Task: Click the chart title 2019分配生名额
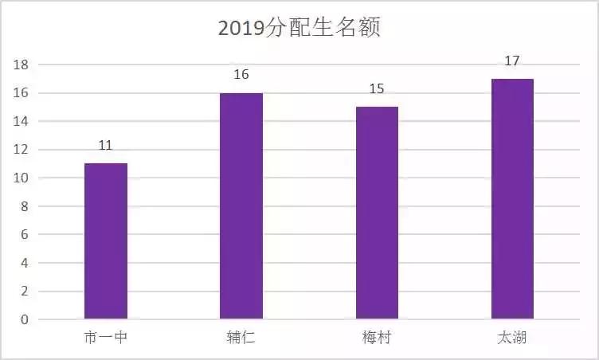click(299, 29)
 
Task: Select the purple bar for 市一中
click(105, 241)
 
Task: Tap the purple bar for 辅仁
click(241, 206)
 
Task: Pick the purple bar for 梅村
click(377, 213)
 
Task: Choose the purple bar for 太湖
click(512, 199)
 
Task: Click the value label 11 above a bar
click(105, 146)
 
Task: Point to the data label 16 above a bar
click(241, 75)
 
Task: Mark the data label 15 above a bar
click(377, 88)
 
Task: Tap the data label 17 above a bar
click(512, 61)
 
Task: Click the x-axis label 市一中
click(105, 338)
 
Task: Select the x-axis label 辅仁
click(241, 338)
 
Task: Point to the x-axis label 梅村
click(377, 338)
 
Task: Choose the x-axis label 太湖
click(512, 338)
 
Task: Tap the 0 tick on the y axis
click(25, 320)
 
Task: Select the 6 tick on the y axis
click(25, 235)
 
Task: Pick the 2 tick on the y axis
click(25, 292)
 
